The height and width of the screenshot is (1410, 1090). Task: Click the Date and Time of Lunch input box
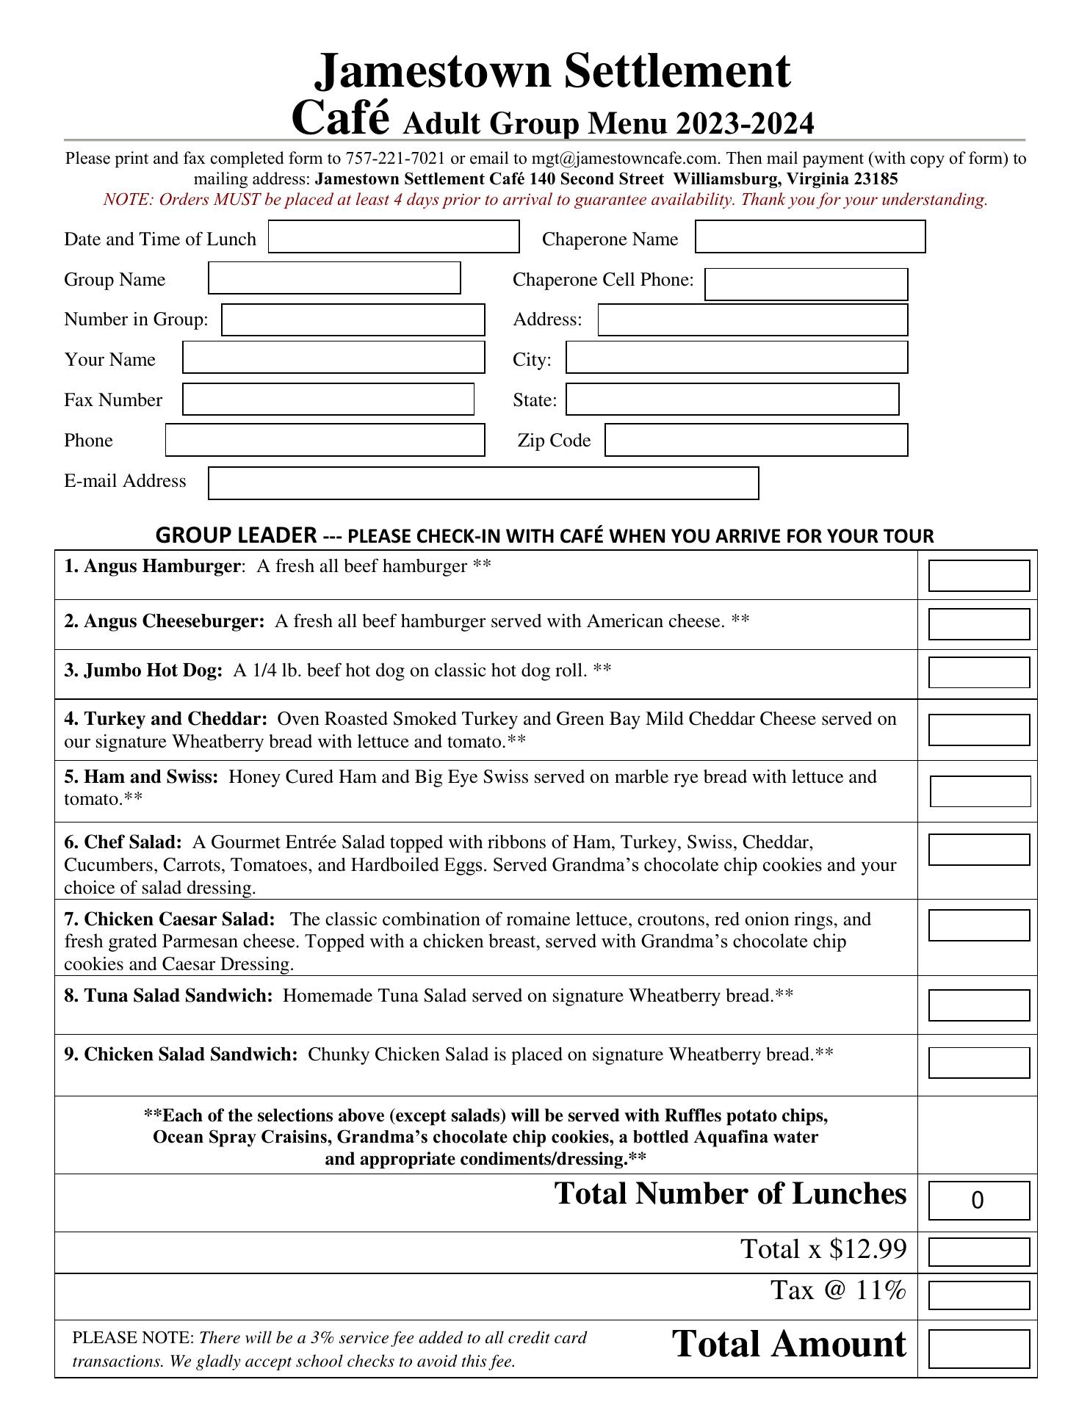[x=394, y=236]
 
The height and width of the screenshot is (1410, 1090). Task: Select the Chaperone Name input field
[x=810, y=236]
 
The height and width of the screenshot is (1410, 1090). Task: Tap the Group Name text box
[x=334, y=278]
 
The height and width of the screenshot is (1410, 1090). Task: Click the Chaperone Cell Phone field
[x=806, y=284]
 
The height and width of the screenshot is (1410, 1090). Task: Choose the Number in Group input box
[x=353, y=319]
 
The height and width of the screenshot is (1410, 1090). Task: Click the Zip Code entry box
[x=756, y=440]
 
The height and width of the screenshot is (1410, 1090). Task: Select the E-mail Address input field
[x=483, y=483]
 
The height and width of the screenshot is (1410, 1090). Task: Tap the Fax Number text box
[x=328, y=399]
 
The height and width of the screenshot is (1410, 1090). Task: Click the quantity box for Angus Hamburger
[x=978, y=576]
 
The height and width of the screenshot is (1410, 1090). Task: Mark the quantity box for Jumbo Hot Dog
[x=978, y=673]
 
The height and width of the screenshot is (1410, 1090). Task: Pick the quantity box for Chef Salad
[x=978, y=850]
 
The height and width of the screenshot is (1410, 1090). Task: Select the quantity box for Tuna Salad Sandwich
[x=978, y=1005]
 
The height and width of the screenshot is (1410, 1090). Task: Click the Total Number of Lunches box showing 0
[x=978, y=1200]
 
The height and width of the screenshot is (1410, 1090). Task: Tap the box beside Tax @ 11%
[x=978, y=1295]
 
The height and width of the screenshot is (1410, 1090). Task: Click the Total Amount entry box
[x=978, y=1350]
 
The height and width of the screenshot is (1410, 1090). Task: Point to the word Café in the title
[x=339, y=119]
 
